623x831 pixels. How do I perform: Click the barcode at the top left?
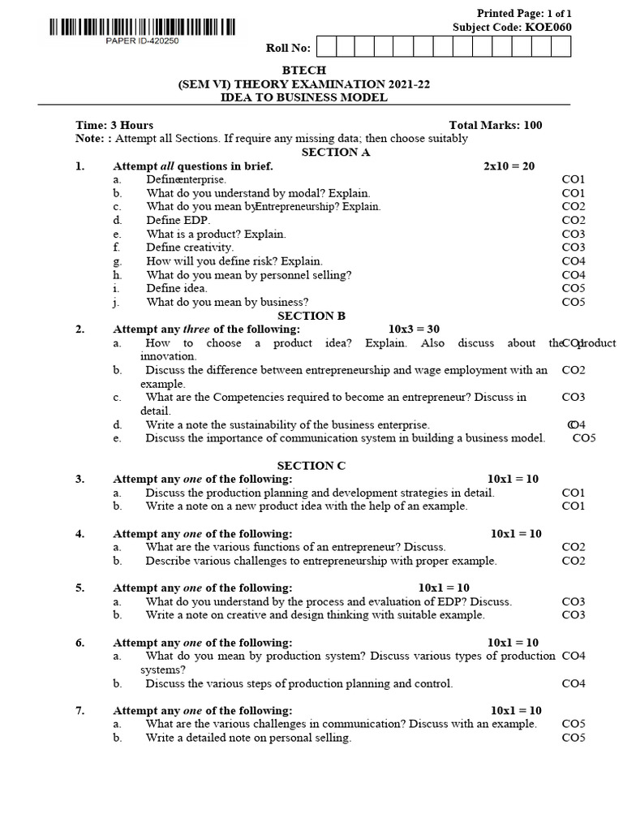(x=142, y=28)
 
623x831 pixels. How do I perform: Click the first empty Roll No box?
(x=325, y=47)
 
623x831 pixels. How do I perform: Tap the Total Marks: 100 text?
(x=496, y=125)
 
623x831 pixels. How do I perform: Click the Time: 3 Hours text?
(x=114, y=125)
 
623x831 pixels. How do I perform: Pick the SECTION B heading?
(x=311, y=316)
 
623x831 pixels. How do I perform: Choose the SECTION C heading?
(x=311, y=466)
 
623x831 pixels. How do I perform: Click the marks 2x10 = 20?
(x=509, y=166)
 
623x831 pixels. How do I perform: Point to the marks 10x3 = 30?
(x=414, y=329)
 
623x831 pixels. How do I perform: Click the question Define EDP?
(x=178, y=220)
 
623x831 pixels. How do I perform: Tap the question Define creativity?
(x=190, y=248)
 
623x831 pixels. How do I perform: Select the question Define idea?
(x=177, y=288)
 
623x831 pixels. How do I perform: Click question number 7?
(x=80, y=710)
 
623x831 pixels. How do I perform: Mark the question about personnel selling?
(x=249, y=275)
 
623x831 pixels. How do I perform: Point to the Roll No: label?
(x=289, y=48)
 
